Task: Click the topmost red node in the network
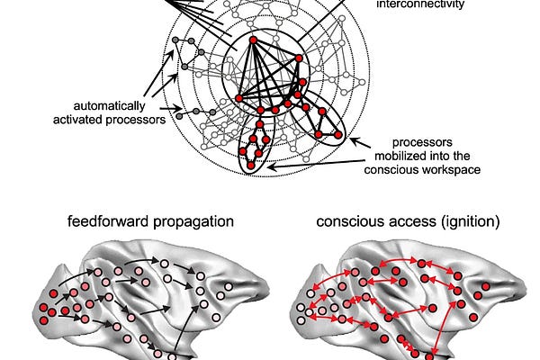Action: tap(253, 40)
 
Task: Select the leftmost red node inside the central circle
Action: tap(239, 97)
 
